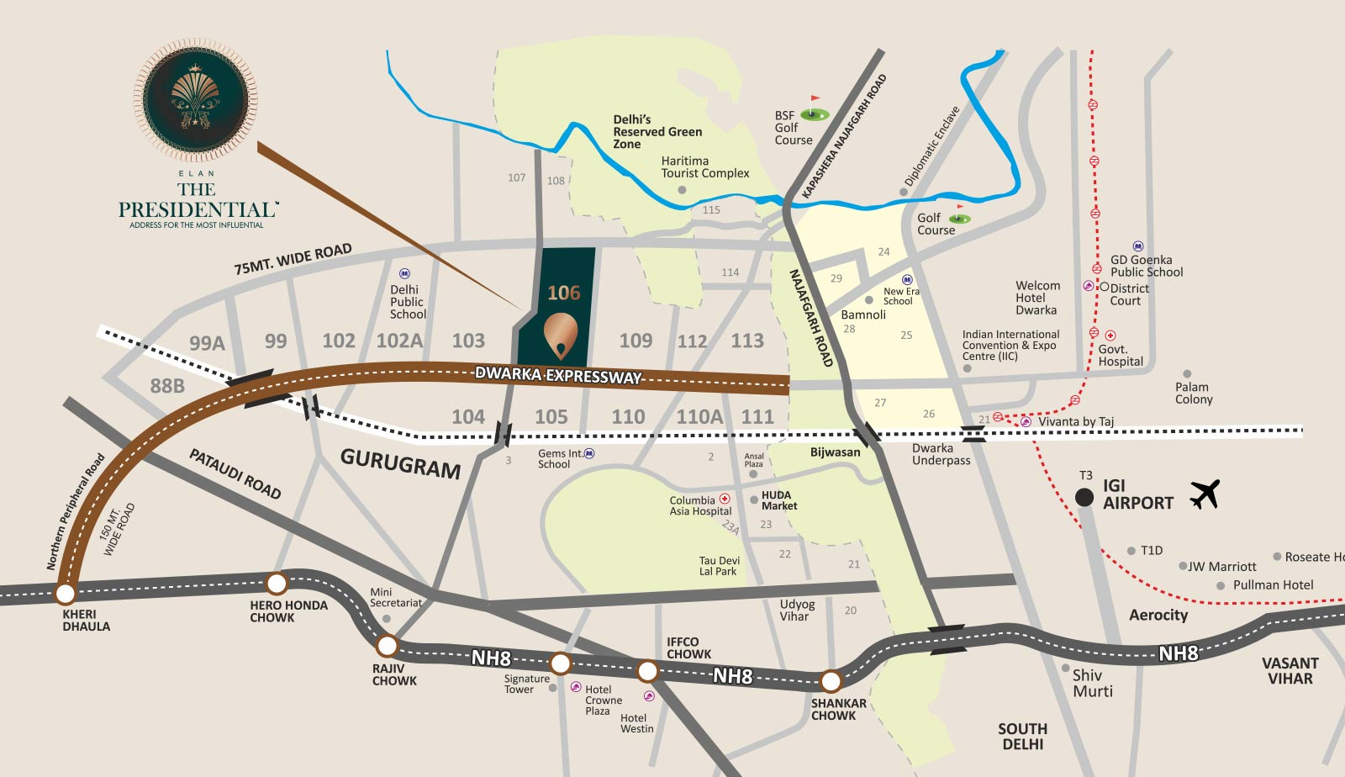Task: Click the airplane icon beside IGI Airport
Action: point(1205,494)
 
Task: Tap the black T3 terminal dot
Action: point(1084,497)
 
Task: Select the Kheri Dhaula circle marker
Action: point(65,594)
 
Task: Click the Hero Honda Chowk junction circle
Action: point(277,583)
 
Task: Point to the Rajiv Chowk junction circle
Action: point(387,646)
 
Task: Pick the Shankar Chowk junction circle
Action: point(831,680)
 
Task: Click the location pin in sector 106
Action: point(561,335)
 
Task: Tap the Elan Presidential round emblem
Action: point(196,100)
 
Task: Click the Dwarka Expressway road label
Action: point(558,375)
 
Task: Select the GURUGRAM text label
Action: point(400,462)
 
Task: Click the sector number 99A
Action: point(207,343)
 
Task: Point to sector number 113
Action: point(746,341)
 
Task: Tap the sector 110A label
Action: point(699,417)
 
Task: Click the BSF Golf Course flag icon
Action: point(814,110)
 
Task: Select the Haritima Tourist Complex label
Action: point(704,166)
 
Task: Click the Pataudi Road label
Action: point(235,473)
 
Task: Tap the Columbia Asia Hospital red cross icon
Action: point(725,499)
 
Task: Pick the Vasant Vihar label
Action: point(1290,671)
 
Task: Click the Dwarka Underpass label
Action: point(941,454)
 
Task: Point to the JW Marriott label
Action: point(1221,567)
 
